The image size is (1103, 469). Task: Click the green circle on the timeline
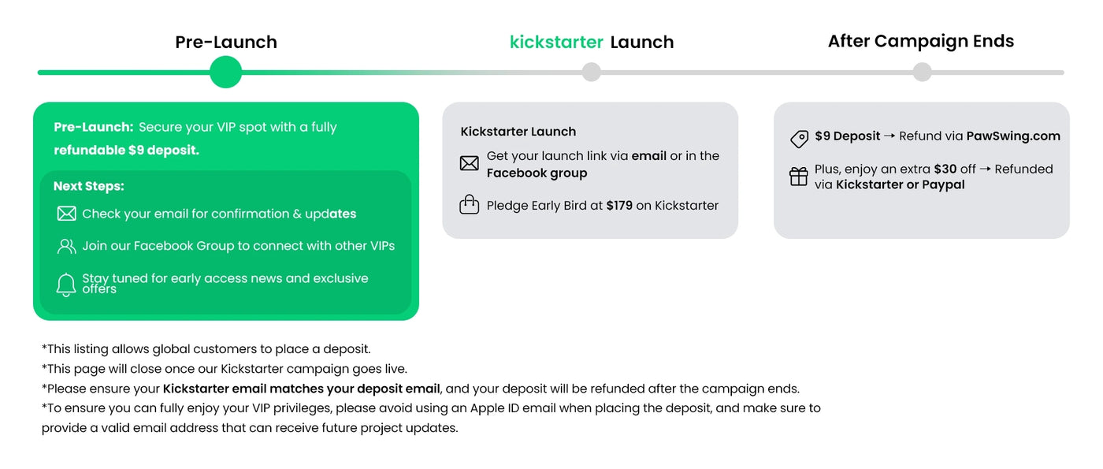tap(225, 72)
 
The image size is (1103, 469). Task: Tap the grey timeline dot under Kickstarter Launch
tap(591, 72)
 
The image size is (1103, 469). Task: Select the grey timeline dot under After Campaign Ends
tap(922, 72)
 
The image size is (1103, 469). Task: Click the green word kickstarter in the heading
tap(556, 42)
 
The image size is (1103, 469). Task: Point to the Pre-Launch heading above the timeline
tap(226, 42)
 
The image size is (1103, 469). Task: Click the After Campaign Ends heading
tap(921, 41)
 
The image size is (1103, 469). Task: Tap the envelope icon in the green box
tap(66, 214)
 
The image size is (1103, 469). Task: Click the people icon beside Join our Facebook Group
tap(66, 246)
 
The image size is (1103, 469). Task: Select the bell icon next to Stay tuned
tap(66, 285)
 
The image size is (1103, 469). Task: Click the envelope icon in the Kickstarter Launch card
tap(469, 163)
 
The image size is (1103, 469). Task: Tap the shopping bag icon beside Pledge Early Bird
tap(469, 204)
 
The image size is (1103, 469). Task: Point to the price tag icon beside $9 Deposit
tap(799, 139)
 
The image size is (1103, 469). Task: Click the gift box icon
tap(798, 177)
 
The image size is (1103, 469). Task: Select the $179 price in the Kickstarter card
tap(619, 206)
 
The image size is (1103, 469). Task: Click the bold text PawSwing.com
tap(1013, 136)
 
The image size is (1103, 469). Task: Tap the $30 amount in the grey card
tap(945, 169)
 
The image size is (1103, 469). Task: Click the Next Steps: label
tap(88, 186)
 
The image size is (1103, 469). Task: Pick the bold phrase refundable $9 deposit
tap(127, 151)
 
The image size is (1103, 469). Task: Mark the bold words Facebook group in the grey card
tap(537, 173)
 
